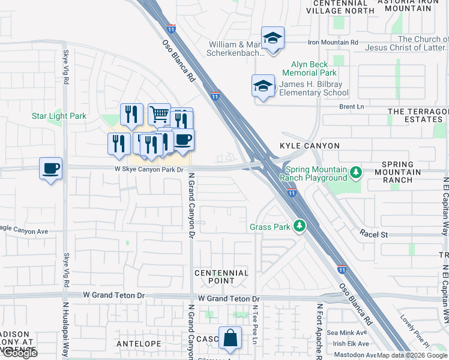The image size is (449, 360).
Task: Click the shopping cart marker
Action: pos(159,113)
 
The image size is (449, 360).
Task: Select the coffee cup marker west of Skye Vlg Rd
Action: pos(51,168)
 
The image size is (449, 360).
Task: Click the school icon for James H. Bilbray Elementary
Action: pos(263,86)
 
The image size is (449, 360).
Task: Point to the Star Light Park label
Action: pos(59,116)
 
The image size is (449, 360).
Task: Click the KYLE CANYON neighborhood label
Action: pos(310,146)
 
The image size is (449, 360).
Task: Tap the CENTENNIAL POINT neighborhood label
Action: pos(221,277)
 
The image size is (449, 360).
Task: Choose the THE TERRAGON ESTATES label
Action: pos(418,116)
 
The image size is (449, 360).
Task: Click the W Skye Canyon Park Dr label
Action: pos(148,169)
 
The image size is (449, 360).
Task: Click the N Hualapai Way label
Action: pos(65,338)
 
